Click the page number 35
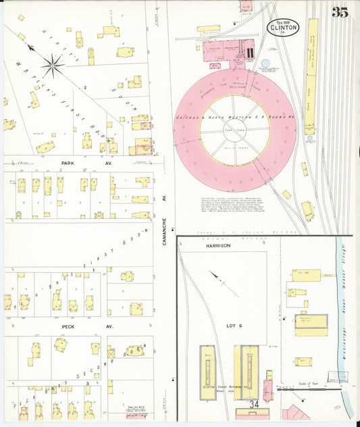(x=340, y=11)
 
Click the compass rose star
(x=53, y=66)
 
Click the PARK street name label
(x=68, y=164)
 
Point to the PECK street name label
(x=68, y=326)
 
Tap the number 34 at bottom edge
(x=254, y=405)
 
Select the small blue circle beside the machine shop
(x=265, y=64)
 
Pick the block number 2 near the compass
(x=85, y=87)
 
